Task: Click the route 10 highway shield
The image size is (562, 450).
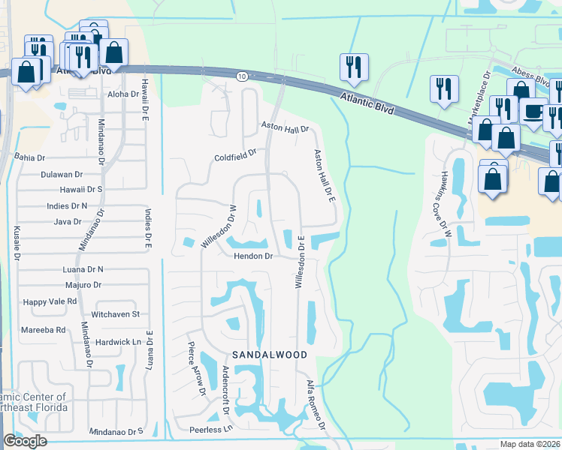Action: pos(241,76)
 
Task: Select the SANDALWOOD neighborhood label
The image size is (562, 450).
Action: pos(269,353)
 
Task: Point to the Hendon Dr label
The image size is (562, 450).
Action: pos(251,256)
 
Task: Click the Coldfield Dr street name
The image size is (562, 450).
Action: pos(235,157)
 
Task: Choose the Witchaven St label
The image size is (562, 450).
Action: pos(115,314)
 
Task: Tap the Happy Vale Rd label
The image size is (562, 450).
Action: pos(50,301)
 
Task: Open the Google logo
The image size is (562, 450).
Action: pos(25,441)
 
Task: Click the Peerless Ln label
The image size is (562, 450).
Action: pos(211,430)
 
